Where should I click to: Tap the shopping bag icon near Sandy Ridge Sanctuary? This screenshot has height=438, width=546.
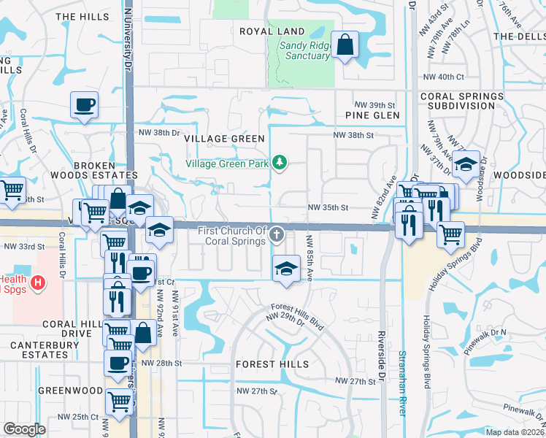coord(345,45)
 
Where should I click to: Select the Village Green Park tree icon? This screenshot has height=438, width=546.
coord(278,163)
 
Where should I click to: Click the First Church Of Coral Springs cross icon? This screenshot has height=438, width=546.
coord(277,234)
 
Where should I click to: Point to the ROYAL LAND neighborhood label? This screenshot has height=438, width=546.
coord(272,31)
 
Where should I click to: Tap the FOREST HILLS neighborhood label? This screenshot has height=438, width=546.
coord(272,364)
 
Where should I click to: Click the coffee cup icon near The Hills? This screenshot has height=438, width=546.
coord(84,104)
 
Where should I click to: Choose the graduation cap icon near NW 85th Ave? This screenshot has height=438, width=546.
coord(286,267)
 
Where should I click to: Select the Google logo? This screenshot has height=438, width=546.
coord(24,429)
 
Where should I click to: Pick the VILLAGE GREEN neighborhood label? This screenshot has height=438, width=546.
coord(220,138)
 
